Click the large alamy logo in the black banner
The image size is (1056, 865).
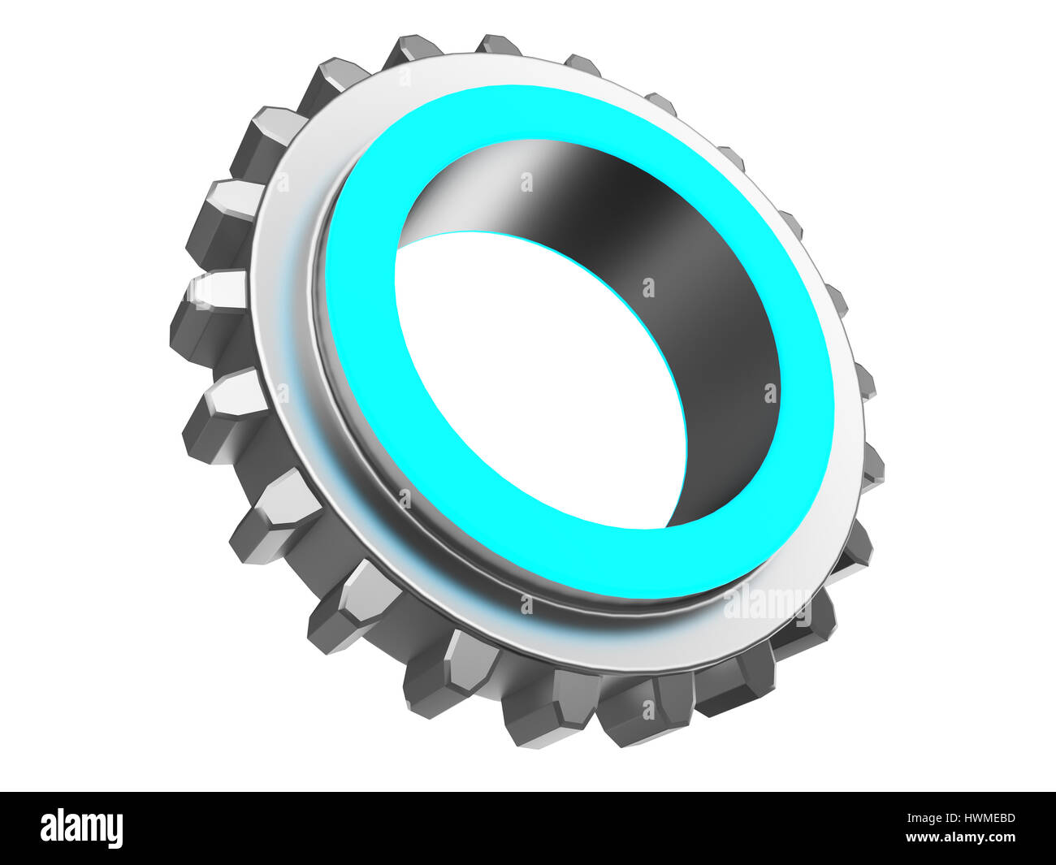(81, 828)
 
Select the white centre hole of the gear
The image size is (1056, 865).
(536, 382)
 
